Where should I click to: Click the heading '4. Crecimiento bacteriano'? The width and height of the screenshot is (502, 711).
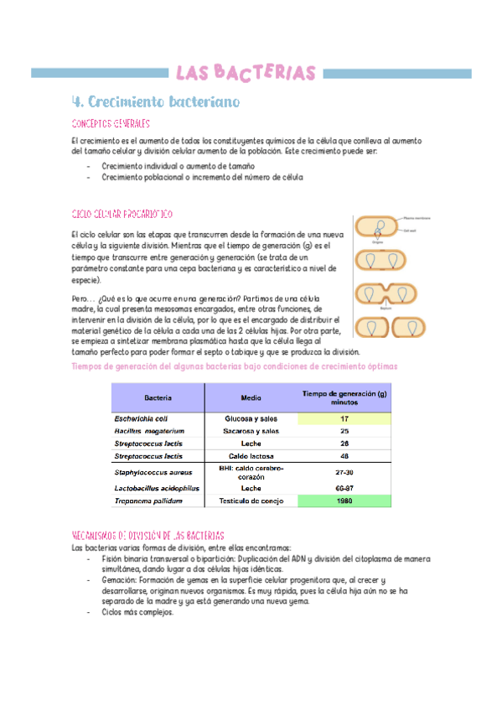point(157,102)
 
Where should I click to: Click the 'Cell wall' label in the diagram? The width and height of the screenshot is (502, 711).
point(410,231)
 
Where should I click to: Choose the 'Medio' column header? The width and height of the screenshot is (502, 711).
point(251,398)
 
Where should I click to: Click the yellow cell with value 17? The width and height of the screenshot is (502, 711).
point(344,418)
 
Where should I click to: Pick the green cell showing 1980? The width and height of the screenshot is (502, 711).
point(344,501)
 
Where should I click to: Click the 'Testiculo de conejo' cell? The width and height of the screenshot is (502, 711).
point(251,501)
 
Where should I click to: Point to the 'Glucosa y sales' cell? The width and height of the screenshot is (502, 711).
point(251,418)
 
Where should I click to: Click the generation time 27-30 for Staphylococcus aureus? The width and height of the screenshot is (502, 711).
point(344,472)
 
